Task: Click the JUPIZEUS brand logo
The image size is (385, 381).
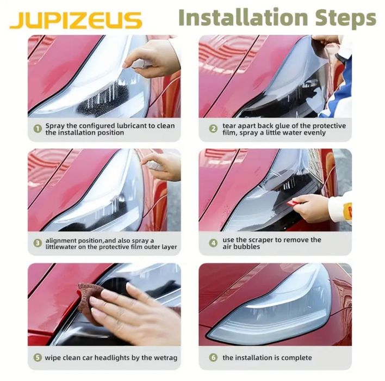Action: tap(76, 20)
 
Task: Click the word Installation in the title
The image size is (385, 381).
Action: tap(243, 17)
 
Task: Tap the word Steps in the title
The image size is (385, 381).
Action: tap(346, 18)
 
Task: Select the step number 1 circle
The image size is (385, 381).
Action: tap(38, 128)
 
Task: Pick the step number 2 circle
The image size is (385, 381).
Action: tap(213, 128)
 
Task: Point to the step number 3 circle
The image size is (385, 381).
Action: tap(38, 243)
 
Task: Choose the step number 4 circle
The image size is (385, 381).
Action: tap(213, 243)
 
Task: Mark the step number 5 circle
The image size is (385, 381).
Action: tap(38, 357)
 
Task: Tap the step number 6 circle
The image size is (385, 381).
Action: tap(213, 357)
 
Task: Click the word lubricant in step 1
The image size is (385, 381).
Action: tap(132, 126)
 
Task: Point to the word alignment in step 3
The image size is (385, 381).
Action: tap(61, 241)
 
